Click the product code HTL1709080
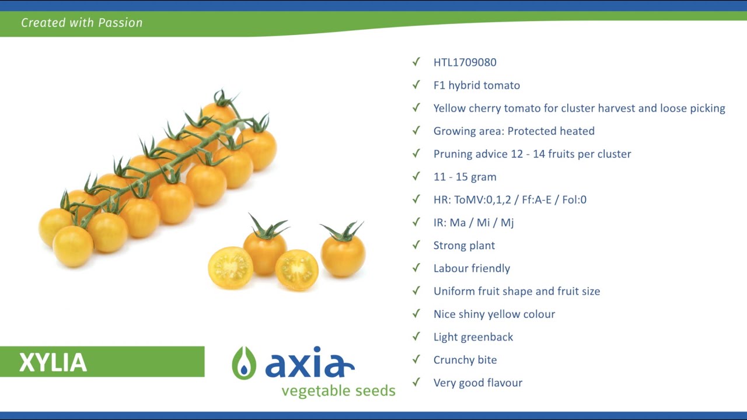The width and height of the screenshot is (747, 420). click(x=465, y=62)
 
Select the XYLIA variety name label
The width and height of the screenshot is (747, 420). click(x=53, y=362)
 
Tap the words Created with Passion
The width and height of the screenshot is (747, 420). click(x=82, y=23)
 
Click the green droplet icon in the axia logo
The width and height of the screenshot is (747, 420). click(x=244, y=363)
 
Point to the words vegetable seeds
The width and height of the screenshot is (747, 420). click(x=338, y=391)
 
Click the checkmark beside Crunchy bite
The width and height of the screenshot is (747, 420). click(x=416, y=359)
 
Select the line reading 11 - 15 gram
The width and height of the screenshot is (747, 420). click(x=465, y=177)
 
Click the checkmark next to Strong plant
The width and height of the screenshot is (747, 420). click(x=416, y=245)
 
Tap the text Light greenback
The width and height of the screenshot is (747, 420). click(x=473, y=337)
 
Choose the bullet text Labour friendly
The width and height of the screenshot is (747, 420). click(x=472, y=268)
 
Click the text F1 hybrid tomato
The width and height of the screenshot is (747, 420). click(x=477, y=85)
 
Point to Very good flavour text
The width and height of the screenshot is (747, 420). click(x=478, y=383)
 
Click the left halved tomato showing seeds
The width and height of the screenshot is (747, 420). click(x=231, y=268)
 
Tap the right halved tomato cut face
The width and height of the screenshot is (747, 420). click(x=296, y=270)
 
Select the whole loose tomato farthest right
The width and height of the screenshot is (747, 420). click(x=343, y=251)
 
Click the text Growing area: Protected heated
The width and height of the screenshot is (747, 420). click(x=514, y=131)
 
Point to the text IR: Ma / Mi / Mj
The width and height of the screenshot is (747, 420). click(x=473, y=222)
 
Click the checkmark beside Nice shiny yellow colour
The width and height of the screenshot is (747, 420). click(x=416, y=314)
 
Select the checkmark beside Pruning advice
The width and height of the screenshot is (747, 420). click(x=416, y=153)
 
